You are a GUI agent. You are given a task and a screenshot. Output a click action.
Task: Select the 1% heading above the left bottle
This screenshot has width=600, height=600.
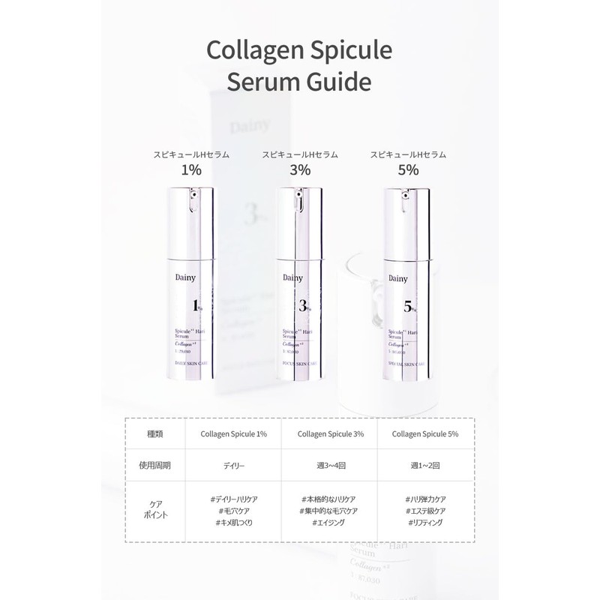click(191, 170)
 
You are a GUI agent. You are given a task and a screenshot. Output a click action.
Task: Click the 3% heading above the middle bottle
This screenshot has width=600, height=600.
click(299, 170)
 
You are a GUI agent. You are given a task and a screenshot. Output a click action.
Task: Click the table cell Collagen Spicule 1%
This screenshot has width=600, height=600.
click(233, 433)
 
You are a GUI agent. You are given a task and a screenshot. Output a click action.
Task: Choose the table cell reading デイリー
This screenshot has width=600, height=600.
click(233, 465)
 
